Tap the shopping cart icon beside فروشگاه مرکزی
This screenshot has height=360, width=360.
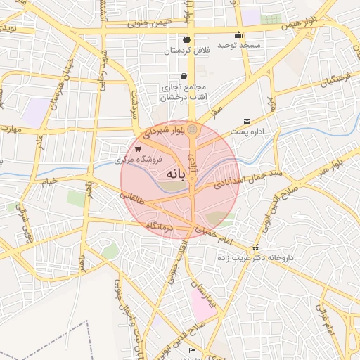coord(138,148)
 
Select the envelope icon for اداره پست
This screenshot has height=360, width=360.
coord(246,121)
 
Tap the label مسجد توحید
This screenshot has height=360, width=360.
coord(238,45)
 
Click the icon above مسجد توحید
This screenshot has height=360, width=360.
coord(238,34)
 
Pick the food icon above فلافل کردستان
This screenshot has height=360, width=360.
coord(186,39)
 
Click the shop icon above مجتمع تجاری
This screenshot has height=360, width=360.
coord(184,77)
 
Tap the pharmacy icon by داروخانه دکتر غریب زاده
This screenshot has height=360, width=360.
coord(255,247)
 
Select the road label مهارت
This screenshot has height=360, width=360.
coord(12,129)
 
